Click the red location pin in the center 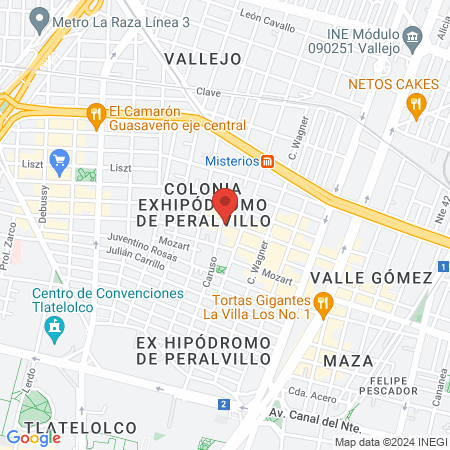[226, 203]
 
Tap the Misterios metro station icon [267, 161]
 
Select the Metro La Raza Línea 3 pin [40, 17]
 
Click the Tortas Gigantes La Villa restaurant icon [322, 302]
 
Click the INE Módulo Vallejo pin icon [412, 43]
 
